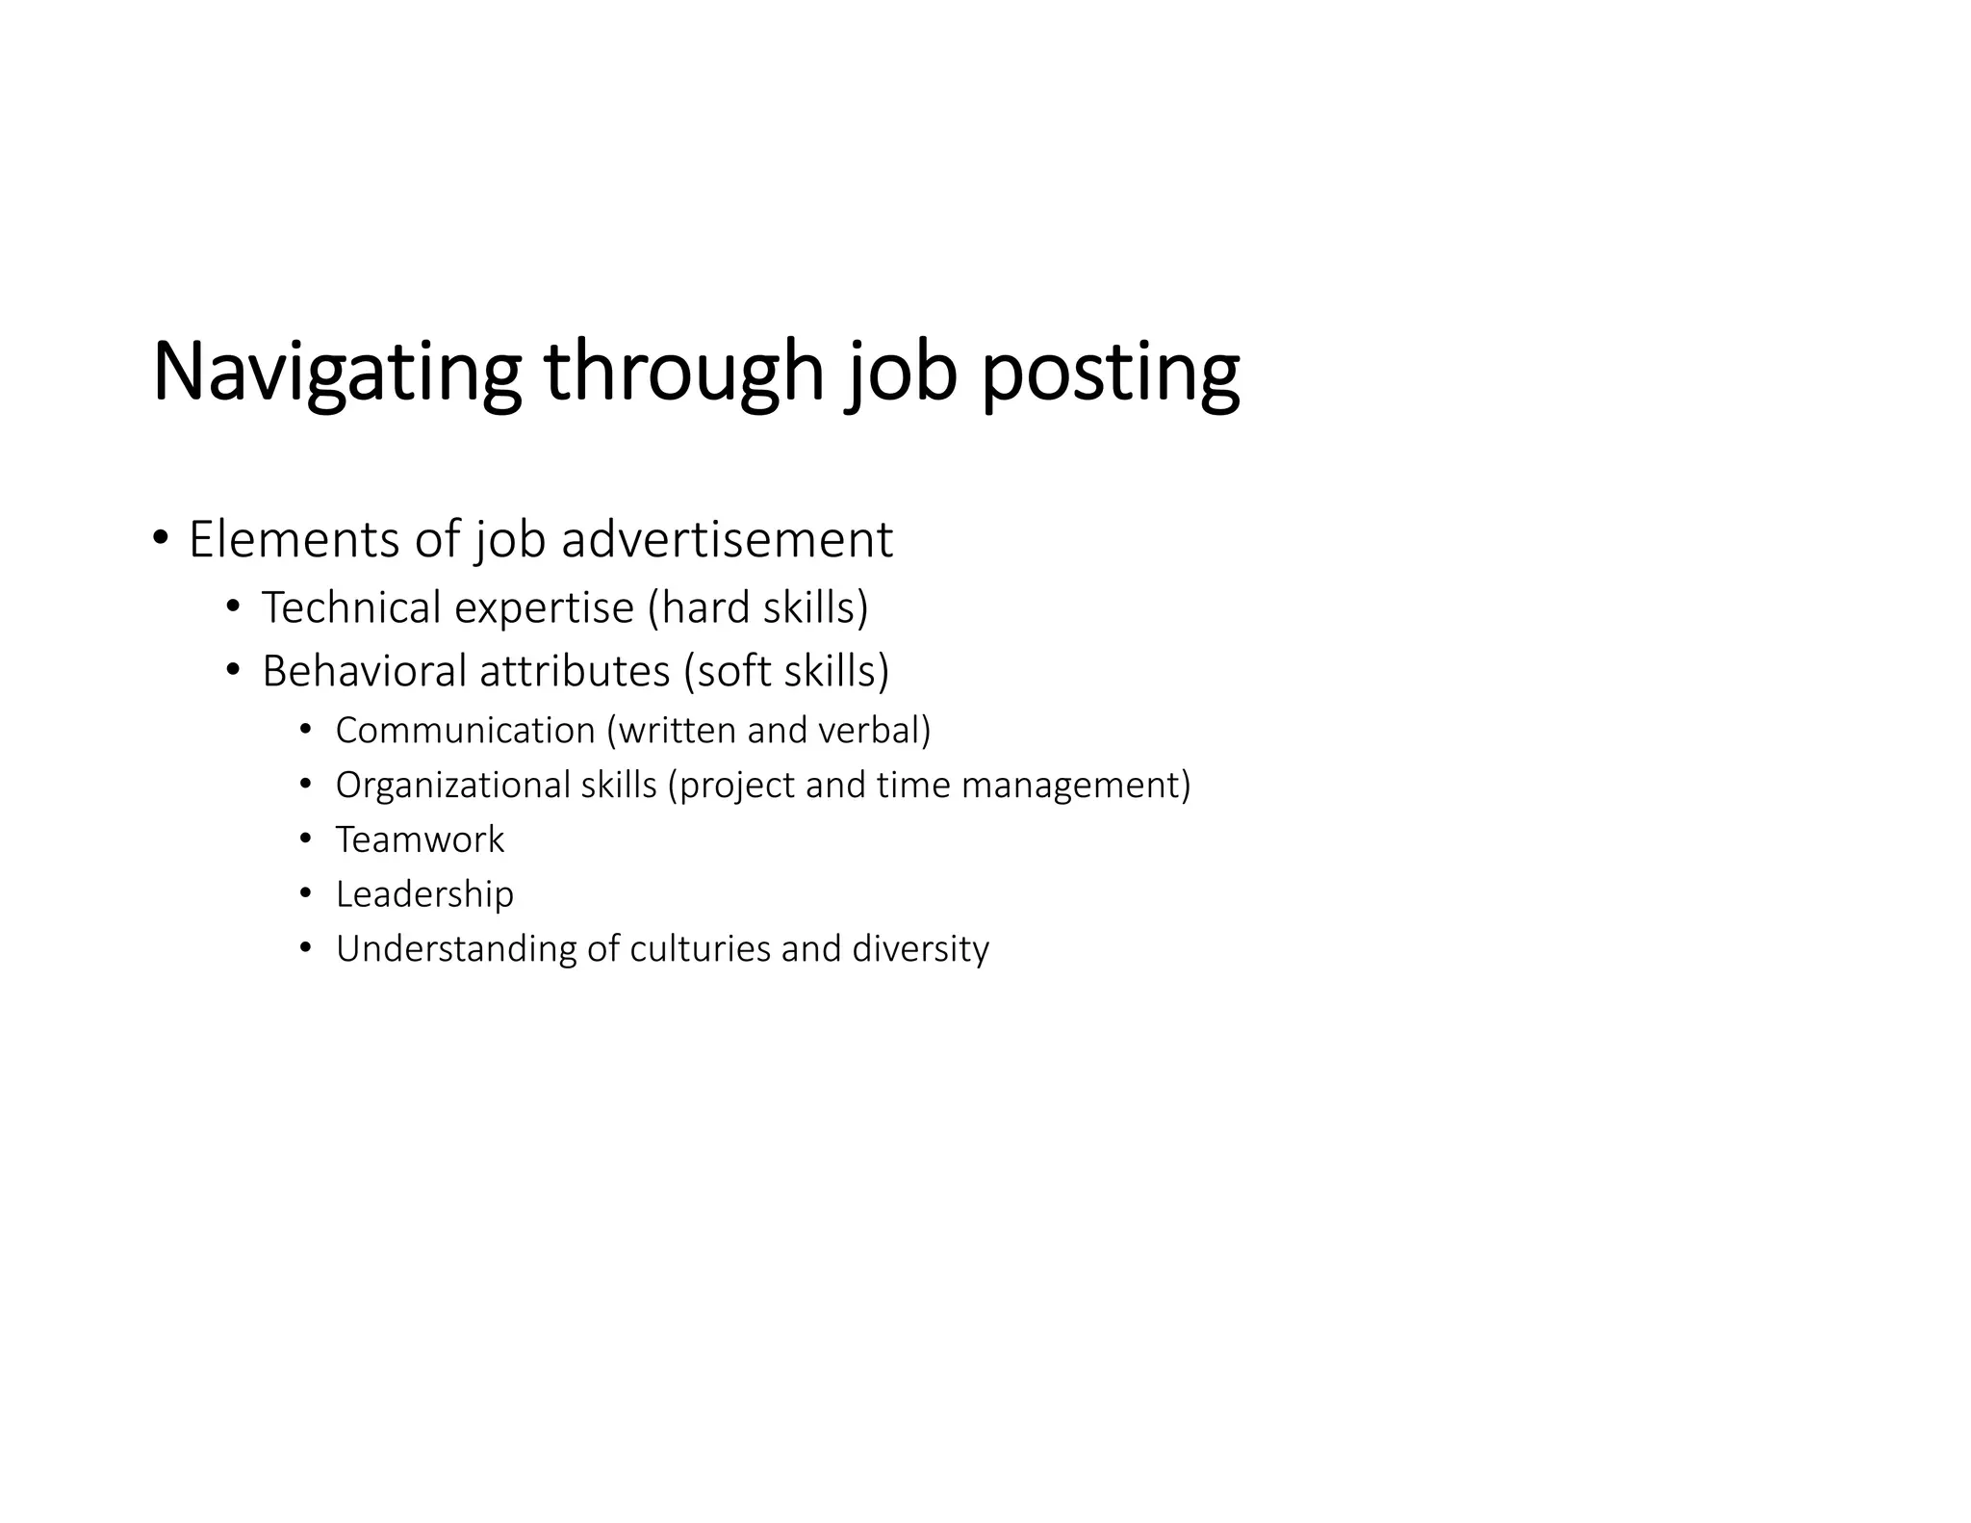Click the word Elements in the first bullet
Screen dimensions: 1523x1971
294,539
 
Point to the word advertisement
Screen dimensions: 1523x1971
727,539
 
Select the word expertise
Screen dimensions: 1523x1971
544,608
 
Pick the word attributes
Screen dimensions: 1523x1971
575,671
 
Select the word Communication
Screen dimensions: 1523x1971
466,731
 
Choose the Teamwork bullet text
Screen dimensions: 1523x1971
420,840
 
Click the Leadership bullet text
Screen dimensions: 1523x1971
424,895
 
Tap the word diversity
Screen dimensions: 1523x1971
920,949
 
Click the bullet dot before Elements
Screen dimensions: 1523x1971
160,536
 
